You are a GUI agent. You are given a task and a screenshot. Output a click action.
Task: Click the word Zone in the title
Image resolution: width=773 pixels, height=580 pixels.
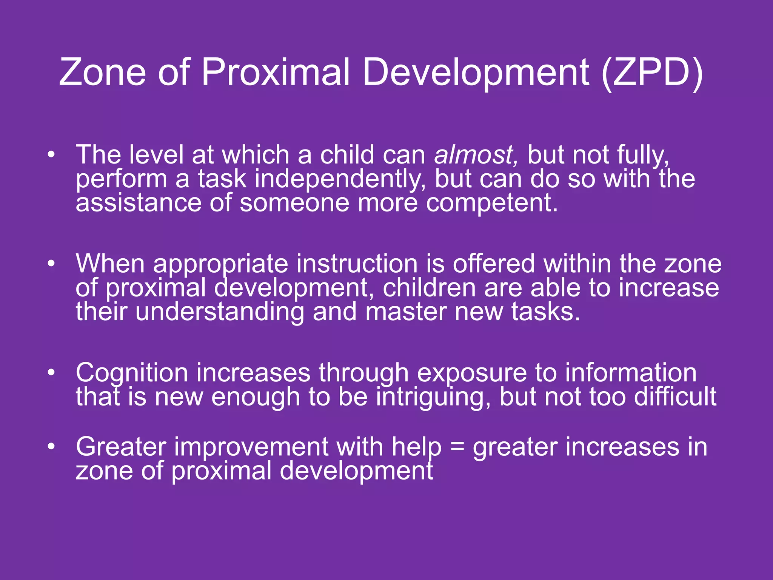click(102, 72)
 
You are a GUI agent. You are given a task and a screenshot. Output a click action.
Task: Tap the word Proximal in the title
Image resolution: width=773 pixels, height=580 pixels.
click(276, 72)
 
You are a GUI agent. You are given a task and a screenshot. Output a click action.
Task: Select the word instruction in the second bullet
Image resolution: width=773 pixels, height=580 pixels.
click(357, 264)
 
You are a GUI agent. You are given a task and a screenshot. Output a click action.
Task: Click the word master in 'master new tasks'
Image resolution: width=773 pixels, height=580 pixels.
click(406, 312)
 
